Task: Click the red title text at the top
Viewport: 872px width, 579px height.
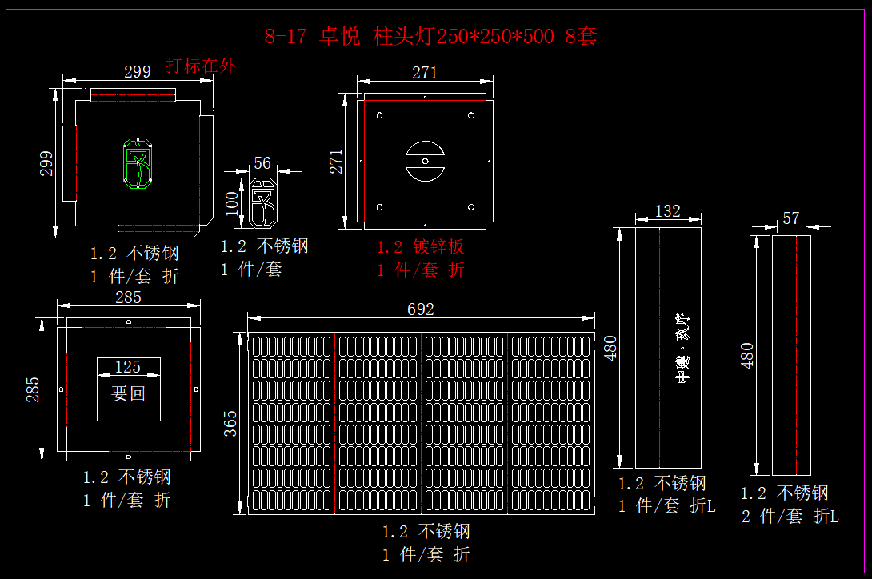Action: [x=430, y=36]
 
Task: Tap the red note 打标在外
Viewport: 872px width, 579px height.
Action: [x=200, y=66]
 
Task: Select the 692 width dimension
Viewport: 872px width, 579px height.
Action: [x=420, y=309]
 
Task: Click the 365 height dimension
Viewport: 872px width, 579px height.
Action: [x=230, y=423]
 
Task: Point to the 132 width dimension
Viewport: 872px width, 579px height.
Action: [x=667, y=210]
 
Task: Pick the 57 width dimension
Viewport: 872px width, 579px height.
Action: [x=790, y=218]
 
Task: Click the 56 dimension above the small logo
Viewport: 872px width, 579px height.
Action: [x=262, y=162]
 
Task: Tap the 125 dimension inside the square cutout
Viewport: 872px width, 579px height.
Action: [x=128, y=367]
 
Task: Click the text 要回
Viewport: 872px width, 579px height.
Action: [x=128, y=393]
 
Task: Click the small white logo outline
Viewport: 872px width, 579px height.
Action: [x=263, y=204]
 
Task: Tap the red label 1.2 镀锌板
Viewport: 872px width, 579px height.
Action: [x=421, y=246]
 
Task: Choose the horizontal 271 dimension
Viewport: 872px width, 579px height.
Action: [x=425, y=73]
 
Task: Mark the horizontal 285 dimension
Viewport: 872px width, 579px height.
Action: [x=128, y=297]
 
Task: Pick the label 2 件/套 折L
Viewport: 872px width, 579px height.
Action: [x=790, y=517]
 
